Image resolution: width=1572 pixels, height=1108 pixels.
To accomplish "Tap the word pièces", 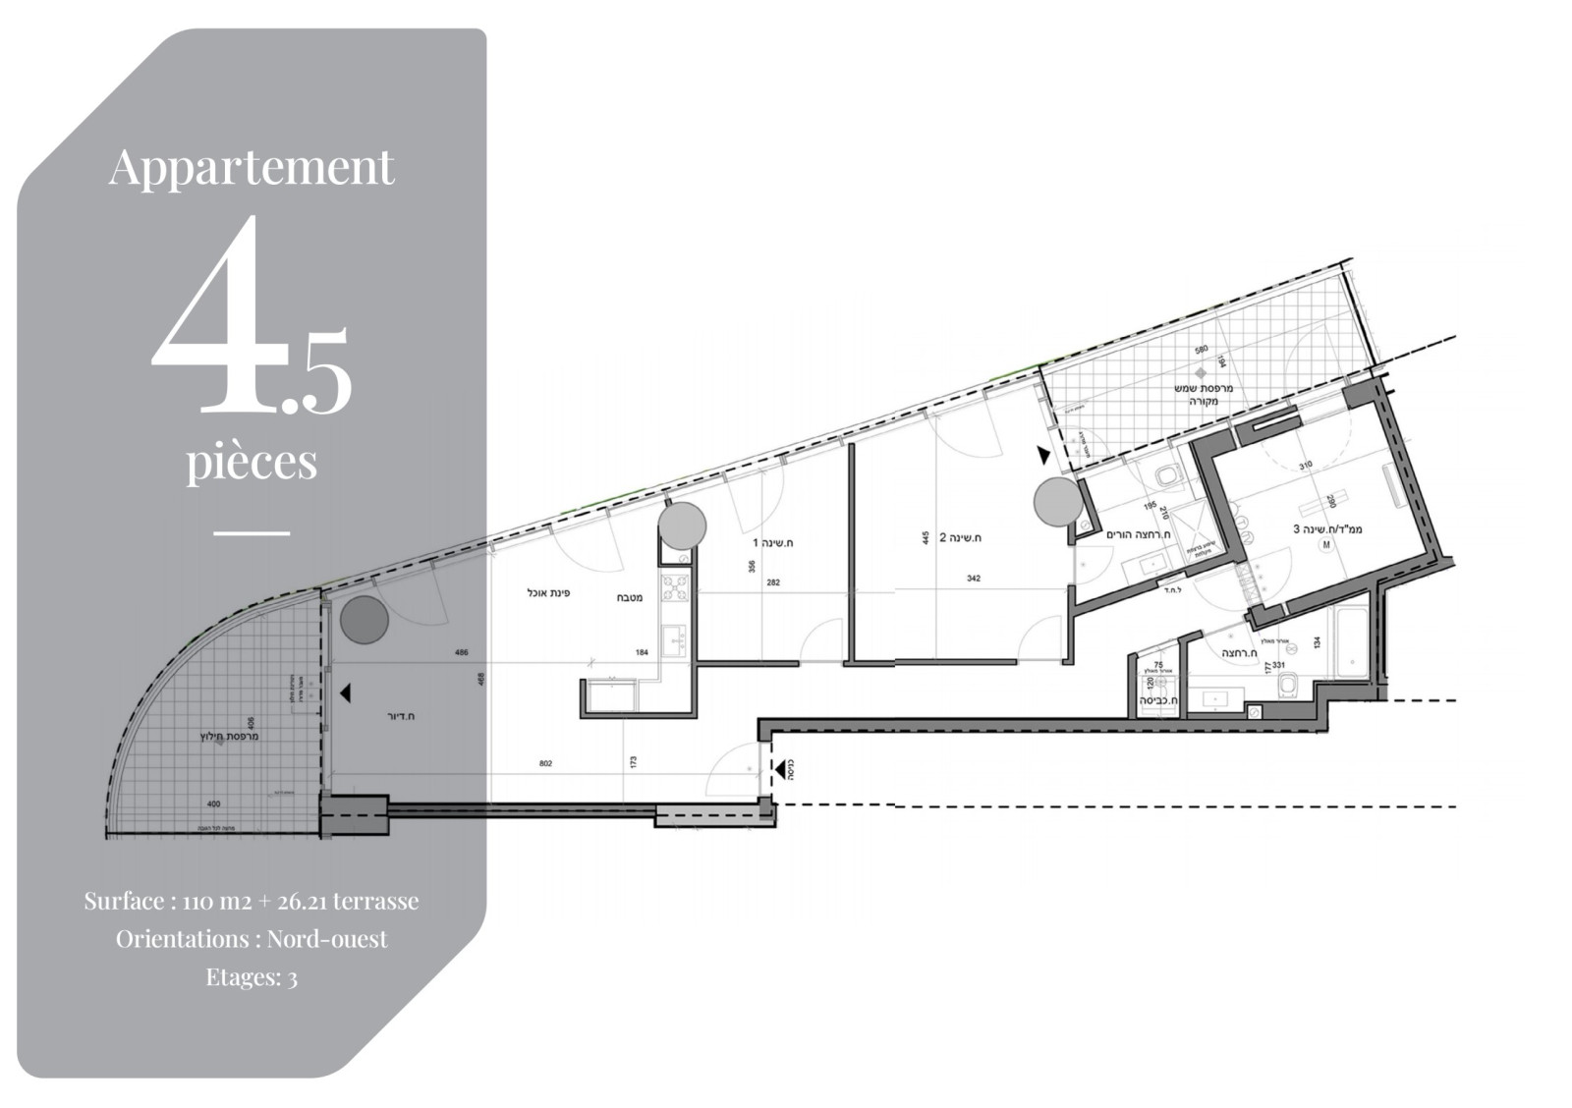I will [252, 461].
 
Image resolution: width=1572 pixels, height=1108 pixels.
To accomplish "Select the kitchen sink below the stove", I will [674, 640].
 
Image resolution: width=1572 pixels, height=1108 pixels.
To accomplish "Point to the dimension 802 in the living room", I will [546, 762].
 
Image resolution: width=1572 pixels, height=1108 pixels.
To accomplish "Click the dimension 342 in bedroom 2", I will [973, 579].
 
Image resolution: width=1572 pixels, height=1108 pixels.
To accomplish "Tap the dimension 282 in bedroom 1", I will [773, 582].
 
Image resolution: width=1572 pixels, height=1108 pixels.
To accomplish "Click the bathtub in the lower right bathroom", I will [1345, 642].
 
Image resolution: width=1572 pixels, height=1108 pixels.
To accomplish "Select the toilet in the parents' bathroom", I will [1167, 476].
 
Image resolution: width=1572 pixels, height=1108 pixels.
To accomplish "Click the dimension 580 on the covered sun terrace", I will [1200, 351].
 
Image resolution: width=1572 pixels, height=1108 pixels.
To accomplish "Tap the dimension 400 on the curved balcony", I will [214, 803].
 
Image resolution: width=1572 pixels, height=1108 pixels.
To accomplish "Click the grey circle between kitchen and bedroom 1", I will [682, 526].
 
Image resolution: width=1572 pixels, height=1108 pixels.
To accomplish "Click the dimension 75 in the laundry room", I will [1158, 665].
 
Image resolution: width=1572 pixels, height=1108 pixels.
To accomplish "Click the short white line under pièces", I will [252, 533].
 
